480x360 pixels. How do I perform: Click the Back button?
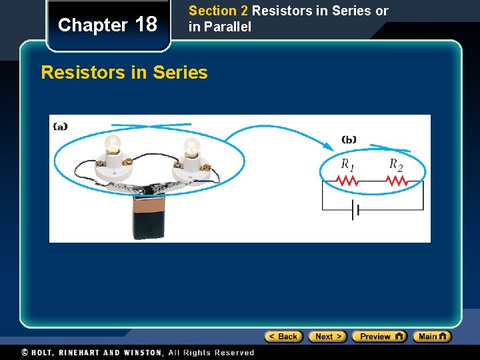(284, 337)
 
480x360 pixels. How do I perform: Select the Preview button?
(379, 337)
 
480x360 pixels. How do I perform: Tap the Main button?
(431, 337)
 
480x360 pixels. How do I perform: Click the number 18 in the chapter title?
(146, 25)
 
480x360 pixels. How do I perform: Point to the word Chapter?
(93, 25)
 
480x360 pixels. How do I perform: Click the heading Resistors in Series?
(124, 72)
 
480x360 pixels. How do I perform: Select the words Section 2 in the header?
(213, 11)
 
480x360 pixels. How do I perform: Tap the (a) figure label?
(60, 126)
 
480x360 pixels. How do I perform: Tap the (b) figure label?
(349, 139)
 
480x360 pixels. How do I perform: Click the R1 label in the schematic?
(347, 164)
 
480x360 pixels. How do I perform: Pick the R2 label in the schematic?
(396, 164)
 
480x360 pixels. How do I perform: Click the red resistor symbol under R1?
(347, 181)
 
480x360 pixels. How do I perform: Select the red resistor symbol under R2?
(397, 181)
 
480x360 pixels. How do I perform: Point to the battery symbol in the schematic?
(355, 210)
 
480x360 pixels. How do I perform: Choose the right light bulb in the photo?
(191, 147)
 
